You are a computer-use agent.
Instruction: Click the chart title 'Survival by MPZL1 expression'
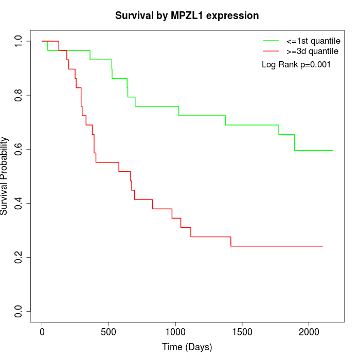click(x=186, y=16)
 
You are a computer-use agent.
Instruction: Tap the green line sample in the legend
click(x=271, y=41)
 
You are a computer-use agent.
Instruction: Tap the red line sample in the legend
click(x=271, y=51)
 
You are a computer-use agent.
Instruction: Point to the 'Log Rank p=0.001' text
click(x=296, y=65)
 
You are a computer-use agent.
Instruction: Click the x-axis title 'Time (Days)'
click(x=187, y=348)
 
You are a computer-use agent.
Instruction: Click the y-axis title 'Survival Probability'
click(x=5, y=176)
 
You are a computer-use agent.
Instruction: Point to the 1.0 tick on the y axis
click(x=19, y=41)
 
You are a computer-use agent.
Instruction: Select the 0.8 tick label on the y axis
click(x=19, y=95)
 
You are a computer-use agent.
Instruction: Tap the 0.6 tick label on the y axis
click(x=19, y=149)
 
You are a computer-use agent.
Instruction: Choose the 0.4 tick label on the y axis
click(x=19, y=203)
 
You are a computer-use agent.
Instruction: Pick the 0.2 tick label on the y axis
click(x=19, y=257)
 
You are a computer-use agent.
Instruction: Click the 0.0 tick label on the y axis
click(x=19, y=311)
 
